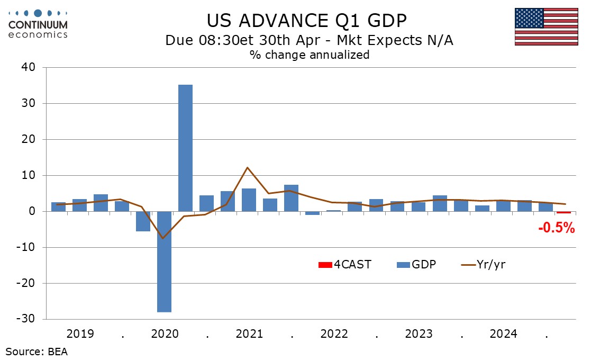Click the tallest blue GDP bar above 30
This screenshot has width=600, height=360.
tap(185, 148)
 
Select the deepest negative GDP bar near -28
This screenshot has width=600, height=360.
tap(164, 262)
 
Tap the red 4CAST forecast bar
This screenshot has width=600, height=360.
tap(563, 212)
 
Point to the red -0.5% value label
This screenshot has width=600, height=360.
tap(556, 228)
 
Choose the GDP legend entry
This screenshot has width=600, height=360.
tap(416, 264)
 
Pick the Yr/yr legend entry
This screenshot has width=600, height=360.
tap(484, 264)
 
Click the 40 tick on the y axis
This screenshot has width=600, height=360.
tap(28, 67)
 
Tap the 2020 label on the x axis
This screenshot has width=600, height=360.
tap(164, 334)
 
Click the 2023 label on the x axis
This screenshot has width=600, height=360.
tap(419, 334)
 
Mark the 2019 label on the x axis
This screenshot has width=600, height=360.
tap(80, 334)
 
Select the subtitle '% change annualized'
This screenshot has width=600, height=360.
tap(309, 55)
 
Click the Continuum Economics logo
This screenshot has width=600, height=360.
tap(38, 23)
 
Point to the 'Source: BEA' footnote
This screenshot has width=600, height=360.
tap(37, 351)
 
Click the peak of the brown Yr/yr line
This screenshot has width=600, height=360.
tap(248, 167)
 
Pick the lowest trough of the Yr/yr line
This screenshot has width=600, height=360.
tap(163, 238)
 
